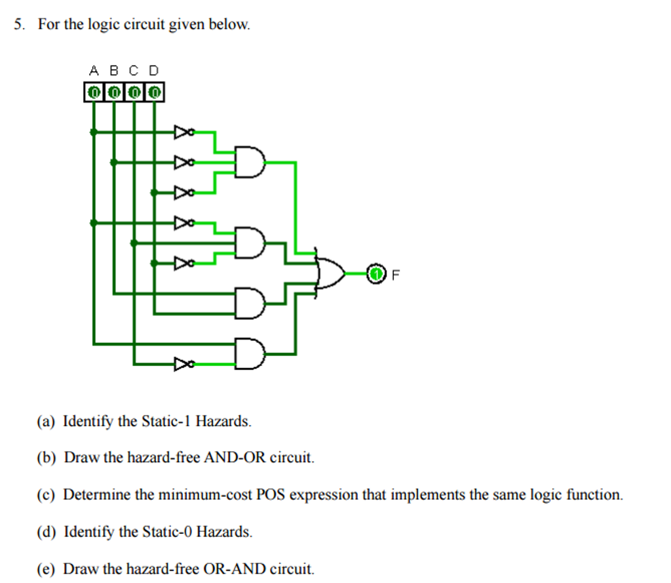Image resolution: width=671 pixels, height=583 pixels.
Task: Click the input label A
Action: click(x=94, y=70)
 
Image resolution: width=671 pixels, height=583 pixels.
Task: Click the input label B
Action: click(x=113, y=70)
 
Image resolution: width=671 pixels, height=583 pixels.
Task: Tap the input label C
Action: click(x=134, y=70)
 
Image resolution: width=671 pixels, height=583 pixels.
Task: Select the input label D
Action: click(x=154, y=70)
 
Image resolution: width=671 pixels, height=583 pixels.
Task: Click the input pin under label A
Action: click(x=94, y=92)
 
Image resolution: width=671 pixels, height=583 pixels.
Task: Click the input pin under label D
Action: click(x=154, y=92)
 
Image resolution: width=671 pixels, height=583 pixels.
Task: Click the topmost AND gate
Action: click(x=250, y=161)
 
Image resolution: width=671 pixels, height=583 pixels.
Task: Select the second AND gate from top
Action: click(x=250, y=243)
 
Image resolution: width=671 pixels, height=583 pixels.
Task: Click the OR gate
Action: click(x=330, y=273)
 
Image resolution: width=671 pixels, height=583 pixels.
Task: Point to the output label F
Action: click(x=395, y=275)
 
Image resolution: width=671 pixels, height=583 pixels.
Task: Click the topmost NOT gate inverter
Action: click(x=183, y=132)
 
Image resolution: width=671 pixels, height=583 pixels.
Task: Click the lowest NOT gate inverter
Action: click(x=183, y=364)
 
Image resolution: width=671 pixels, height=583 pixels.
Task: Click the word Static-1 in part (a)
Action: click(x=167, y=421)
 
